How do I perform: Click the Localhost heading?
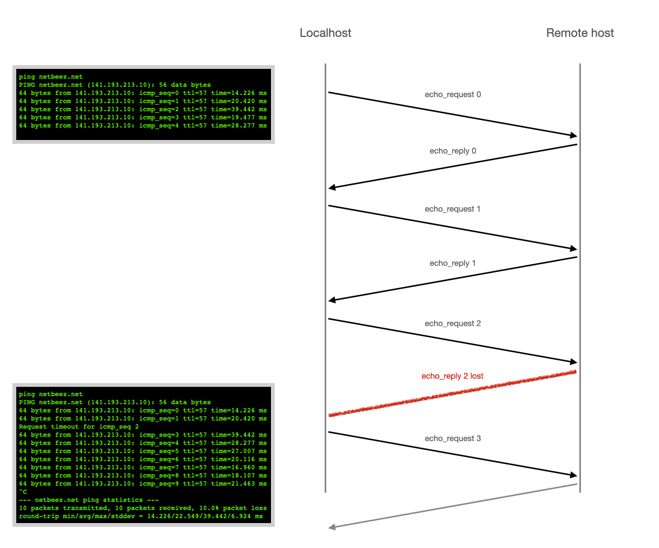pyautogui.click(x=325, y=33)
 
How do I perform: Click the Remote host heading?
pyautogui.click(x=580, y=33)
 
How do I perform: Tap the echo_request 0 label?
pyautogui.click(x=453, y=94)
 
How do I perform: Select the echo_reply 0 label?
pyautogui.click(x=453, y=151)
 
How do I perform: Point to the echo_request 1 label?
pyautogui.click(x=453, y=209)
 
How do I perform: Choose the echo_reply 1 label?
pyautogui.click(x=453, y=263)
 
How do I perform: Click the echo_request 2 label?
pyautogui.click(x=453, y=323)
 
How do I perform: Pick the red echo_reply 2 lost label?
pyautogui.click(x=453, y=376)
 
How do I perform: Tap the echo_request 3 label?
pyautogui.click(x=453, y=438)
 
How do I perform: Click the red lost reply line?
pyautogui.click(x=453, y=393)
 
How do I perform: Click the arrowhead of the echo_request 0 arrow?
pyautogui.click(x=573, y=135)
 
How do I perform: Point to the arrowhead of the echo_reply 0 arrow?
pyautogui.click(x=332, y=188)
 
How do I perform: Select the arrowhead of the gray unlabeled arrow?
pyautogui.click(x=332, y=527)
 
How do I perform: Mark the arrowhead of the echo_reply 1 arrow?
pyautogui.click(x=332, y=300)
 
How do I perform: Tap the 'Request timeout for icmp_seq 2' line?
pyautogui.click(x=79, y=426)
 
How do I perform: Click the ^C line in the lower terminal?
pyautogui.click(x=23, y=492)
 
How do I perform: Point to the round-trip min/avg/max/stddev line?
pyautogui.click(x=140, y=516)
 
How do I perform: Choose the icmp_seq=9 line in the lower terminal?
pyautogui.click(x=143, y=483)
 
